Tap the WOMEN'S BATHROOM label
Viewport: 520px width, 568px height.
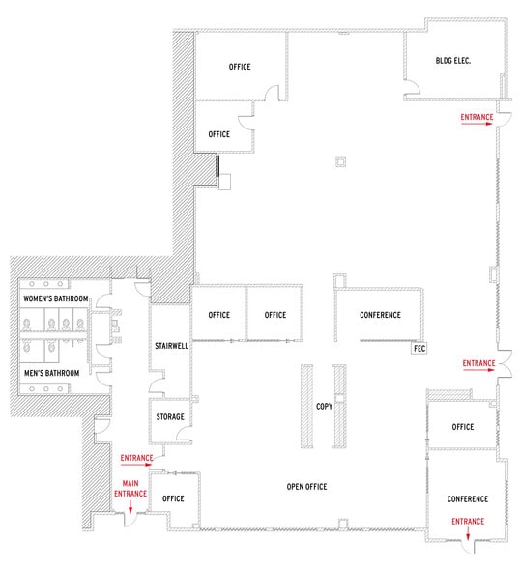point(54,299)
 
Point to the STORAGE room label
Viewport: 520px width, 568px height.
point(170,416)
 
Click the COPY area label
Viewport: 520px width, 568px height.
point(324,406)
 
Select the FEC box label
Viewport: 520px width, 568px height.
point(419,348)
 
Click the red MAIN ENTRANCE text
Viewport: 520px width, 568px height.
point(133,488)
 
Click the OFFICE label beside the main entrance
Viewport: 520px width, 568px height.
point(174,498)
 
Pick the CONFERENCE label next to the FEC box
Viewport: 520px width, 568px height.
point(380,316)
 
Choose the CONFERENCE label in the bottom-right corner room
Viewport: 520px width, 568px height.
point(468,498)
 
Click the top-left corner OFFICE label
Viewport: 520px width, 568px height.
point(240,67)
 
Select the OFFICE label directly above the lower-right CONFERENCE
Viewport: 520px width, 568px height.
point(462,426)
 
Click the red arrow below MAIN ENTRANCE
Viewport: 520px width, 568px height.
point(130,505)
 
